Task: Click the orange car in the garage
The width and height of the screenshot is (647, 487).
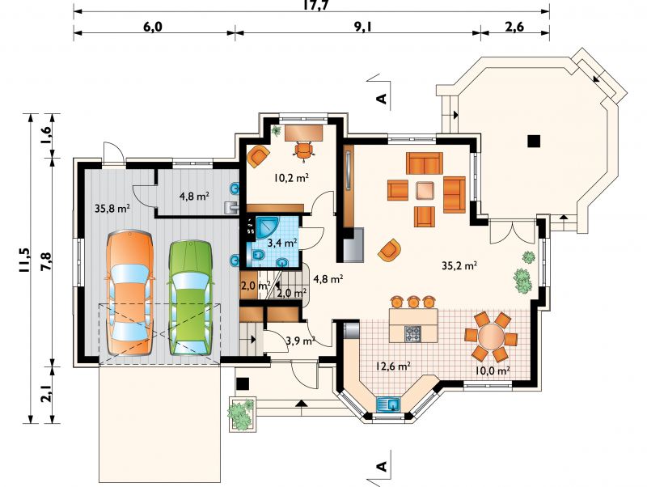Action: coord(129,293)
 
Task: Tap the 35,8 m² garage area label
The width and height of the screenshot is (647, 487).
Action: coord(112,209)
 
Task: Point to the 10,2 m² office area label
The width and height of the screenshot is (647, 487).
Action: coord(292,178)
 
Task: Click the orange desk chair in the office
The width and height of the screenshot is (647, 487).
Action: coord(304,150)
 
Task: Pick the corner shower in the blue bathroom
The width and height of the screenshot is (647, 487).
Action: coord(268,228)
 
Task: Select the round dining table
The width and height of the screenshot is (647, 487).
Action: coord(492,337)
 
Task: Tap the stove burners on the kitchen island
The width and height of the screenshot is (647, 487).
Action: coord(413,334)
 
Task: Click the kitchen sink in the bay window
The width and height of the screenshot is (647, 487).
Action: coord(388,404)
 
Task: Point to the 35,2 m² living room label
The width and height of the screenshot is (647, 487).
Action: coord(459,266)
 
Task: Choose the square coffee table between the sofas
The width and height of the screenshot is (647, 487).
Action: coord(425,191)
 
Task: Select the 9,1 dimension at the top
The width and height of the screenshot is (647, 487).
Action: coord(362,27)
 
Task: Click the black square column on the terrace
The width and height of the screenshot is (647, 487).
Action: coord(534,141)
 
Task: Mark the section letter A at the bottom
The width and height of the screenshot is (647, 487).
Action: coord(383,466)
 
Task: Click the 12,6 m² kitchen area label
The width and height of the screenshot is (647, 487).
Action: coord(392,366)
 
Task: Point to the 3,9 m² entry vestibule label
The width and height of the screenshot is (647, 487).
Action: coord(300,341)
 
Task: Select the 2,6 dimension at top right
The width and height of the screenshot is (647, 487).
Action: coord(514,27)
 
